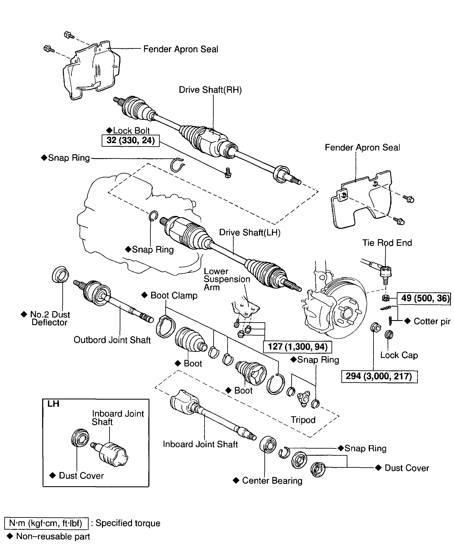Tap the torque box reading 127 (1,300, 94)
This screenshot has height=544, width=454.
(297, 347)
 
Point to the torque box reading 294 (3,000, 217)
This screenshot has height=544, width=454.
(379, 376)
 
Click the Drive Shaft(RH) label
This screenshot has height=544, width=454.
(210, 90)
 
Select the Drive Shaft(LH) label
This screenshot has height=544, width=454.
(250, 232)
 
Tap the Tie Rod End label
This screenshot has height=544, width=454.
(387, 243)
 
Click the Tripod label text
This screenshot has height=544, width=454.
(303, 420)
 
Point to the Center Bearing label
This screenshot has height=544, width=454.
(272, 481)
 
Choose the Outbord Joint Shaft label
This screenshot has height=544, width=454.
(112, 340)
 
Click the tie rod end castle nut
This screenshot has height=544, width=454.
(386, 298)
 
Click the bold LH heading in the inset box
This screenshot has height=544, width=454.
(53, 404)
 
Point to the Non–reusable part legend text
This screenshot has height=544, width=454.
(53, 536)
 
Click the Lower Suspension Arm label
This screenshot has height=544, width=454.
(227, 279)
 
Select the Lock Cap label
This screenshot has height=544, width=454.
(399, 355)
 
